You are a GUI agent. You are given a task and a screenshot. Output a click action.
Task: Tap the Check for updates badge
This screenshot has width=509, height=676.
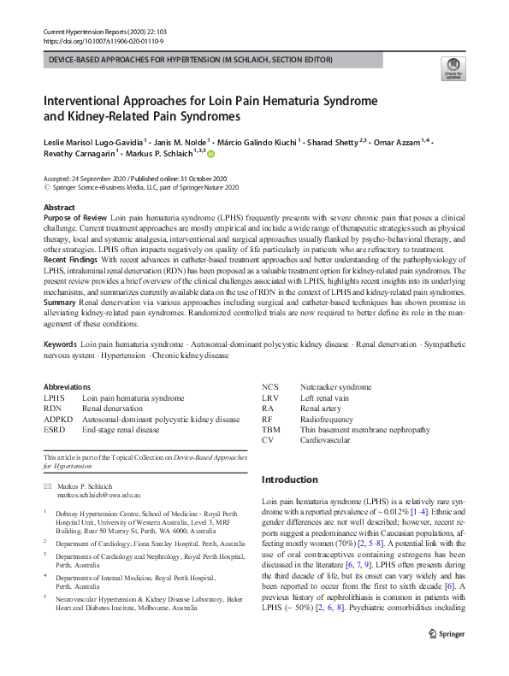452,69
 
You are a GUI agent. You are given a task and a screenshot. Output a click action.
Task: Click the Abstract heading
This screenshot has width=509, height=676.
59,208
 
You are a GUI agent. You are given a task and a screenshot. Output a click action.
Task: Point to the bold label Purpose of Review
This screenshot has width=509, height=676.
74,219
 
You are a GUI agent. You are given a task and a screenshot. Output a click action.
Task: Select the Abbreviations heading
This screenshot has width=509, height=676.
68,386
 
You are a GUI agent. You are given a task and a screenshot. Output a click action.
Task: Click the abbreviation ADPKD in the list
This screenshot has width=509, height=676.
58,420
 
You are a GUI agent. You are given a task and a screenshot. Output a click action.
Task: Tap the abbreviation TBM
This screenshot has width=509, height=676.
270,430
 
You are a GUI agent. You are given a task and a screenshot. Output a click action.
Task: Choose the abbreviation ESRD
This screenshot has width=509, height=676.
55,430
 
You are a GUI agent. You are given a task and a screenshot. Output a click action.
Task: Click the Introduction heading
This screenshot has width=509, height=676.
289,479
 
